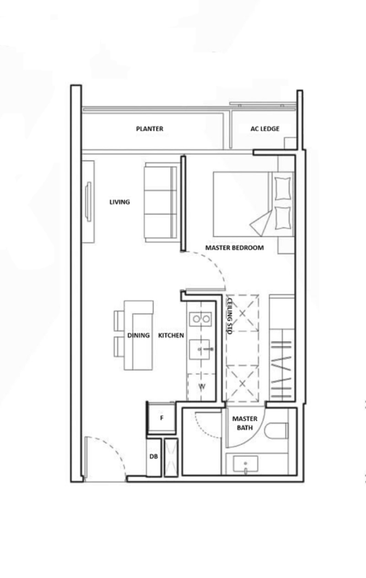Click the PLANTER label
click(x=150, y=129)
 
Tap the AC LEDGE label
click(x=265, y=129)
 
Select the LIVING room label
click(x=120, y=202)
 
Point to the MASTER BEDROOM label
click(x=234, y=248)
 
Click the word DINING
click(x=139, y=335)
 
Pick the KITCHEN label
click(x=171, y=335)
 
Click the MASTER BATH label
click(x=245, y=423)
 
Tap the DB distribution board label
click(x=154, y=456)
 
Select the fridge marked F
click(x=161, y=418)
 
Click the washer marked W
click(x=201, y=387)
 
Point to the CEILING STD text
click(x=229, y=316)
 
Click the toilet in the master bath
click(x=276, y=431)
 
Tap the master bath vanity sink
click(x=245, y=464)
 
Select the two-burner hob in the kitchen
click(x=200, y=319)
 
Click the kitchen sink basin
click(x=199, y=350)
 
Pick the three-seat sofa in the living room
click(x=161, y=202)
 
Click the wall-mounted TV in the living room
click(x=88, y=202)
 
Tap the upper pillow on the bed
click(x=283, y=189)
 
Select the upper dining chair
click(x=119, y=321)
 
